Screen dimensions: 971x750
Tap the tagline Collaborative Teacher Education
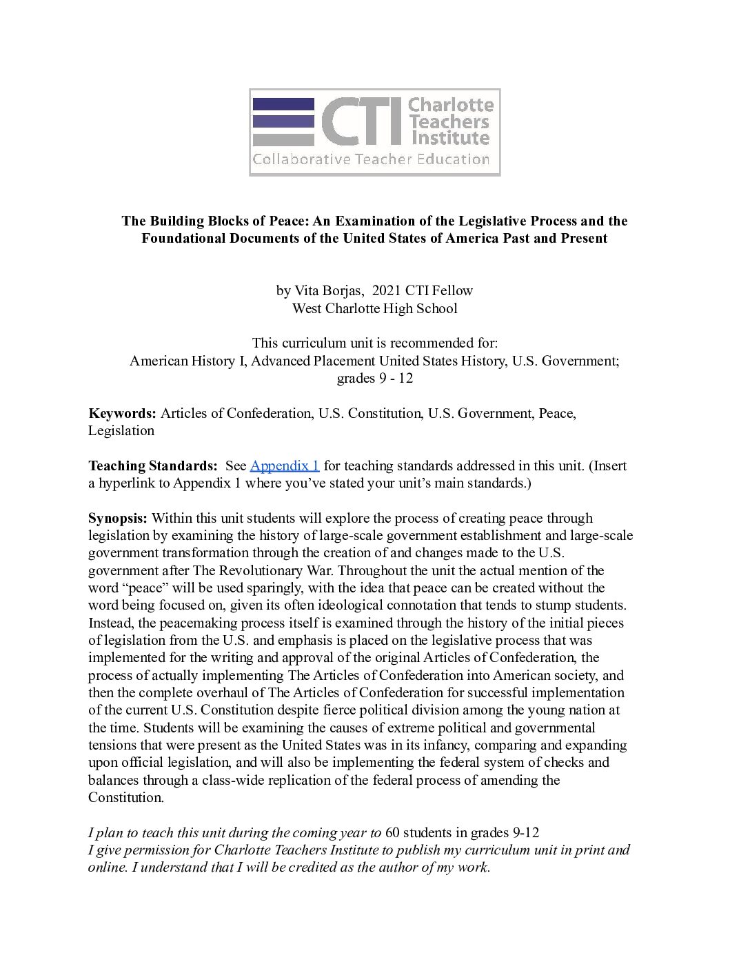(x=371, y=160)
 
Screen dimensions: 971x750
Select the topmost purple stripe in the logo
(x=283, y=104)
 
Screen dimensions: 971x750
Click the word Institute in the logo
(x=450, y=138)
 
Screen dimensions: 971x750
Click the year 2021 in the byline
(x=386, y=290)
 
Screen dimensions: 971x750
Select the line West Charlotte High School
(x=374, y=308)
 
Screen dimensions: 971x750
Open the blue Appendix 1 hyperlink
(x=285, y=466)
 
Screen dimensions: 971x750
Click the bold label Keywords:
(x=122, y=413)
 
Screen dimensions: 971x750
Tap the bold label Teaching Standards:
(x=152, y=466)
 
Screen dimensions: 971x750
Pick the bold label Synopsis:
(x=118, y=518)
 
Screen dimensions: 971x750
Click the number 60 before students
(x=392, y=832)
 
